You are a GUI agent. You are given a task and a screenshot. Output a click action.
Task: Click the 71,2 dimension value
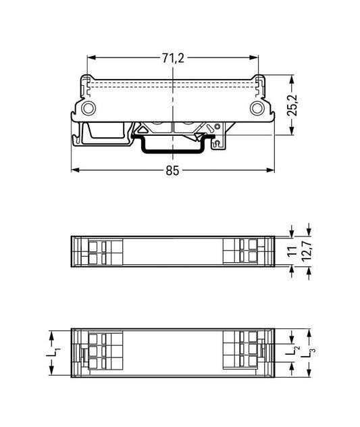pos(173,58)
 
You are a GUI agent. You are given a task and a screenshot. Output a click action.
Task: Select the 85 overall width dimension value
pos(173,171)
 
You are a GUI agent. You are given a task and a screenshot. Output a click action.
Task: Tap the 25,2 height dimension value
pos(292,105)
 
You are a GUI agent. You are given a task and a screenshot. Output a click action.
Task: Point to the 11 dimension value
pos(292,251)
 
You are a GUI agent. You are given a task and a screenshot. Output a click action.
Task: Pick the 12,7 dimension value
pos(307,251)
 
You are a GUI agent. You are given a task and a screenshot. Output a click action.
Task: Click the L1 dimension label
pos(53,353)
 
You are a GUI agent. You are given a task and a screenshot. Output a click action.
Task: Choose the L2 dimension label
pos(293,349)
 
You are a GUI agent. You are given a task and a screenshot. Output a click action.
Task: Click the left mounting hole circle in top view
pos(88,108)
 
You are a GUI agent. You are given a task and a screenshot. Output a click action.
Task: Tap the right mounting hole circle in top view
pos(257,108)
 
